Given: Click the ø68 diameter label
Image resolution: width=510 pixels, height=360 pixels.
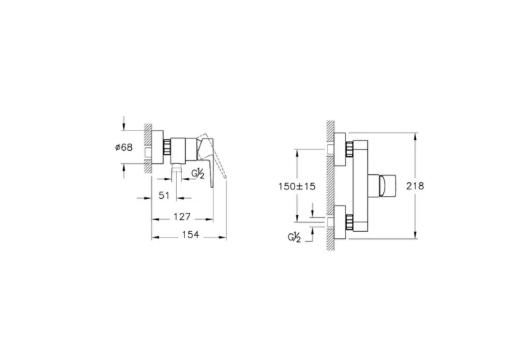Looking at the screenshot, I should tap(124, 146).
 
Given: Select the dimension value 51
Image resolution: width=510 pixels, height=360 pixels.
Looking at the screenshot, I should tap(164, 195).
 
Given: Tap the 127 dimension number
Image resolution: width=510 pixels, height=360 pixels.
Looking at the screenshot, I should tap(182, 216).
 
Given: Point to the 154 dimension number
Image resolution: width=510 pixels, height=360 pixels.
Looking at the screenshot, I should tap(191, 236).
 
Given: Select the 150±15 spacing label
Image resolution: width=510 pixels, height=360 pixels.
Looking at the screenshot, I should tap(297, 186).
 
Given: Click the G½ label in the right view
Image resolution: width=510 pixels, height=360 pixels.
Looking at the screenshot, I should tap(294, 237).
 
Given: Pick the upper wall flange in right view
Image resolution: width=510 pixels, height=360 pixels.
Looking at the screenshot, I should tap(340, 149).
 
